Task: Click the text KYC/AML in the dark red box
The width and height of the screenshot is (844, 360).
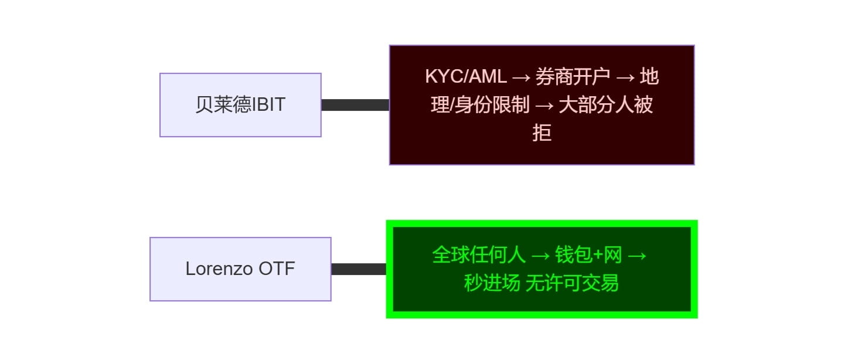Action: coord(466,77)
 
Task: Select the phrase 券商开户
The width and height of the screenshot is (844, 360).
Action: coord(573,77)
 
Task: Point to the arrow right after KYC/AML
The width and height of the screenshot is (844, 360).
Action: coord(521,77)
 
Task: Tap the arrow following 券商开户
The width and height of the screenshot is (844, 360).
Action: coord(625,77)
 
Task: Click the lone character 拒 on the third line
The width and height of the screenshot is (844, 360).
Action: coord(542,133)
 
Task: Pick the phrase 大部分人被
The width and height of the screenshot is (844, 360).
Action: coord(605,104)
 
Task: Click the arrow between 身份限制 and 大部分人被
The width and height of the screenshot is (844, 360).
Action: coord(544,106)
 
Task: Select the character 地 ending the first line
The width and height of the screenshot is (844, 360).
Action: coord(649,77)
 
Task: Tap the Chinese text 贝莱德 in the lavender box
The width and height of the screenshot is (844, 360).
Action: coord(223,104)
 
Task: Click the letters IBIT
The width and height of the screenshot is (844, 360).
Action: coord(268,104)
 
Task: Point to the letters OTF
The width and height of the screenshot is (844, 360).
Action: coord(277,269)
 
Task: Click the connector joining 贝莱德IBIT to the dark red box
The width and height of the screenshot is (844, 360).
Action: coord(355,105)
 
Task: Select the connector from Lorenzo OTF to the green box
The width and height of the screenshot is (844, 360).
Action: coord(359,269)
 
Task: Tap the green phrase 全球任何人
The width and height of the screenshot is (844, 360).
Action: coord(479,255)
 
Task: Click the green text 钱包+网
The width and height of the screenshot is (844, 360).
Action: coord(588,255)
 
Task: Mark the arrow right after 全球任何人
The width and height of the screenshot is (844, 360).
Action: coord(540,256)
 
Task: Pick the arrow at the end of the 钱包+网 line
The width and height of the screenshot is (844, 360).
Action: coord(637,256)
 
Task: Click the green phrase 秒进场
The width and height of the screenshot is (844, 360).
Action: coord(492,283)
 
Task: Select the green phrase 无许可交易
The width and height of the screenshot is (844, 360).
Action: coord(572,283)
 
